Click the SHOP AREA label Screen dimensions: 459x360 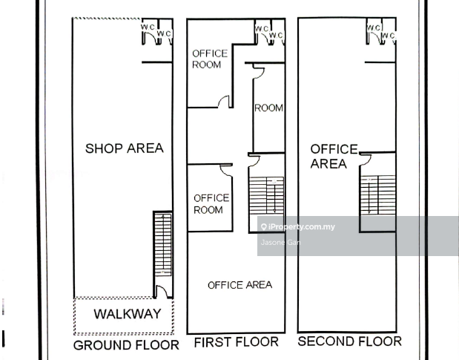point(125,148)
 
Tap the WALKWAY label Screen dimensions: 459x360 point(128,314)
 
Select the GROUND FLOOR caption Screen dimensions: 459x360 point(126,345)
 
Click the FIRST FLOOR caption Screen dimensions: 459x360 point(237,342)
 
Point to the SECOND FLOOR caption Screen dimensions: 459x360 point(349,341)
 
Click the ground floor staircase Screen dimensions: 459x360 point(162,245)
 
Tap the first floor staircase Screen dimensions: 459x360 point(266,195)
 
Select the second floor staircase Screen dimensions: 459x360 point(378,194)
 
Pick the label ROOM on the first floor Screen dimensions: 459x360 point(268,108)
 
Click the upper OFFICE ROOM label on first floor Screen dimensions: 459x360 point(210,59)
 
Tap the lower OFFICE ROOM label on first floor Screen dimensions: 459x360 point(211,204)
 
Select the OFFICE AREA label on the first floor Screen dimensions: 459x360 point(240,285)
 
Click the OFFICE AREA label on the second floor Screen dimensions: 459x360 point(334,157)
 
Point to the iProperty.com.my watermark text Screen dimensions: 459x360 point(297,226)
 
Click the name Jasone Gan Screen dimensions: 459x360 point(280,242)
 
